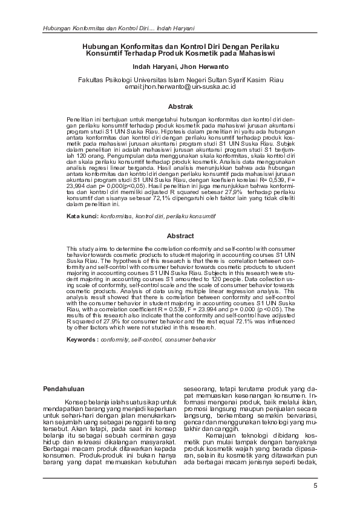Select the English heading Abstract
pyautogui.click(x=180, y=236)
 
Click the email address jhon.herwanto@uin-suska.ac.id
pyautogui.click(x=180, y=87)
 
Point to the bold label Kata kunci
pyautogui.click(x=81, y=216)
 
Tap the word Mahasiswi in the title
pyautogui.click(x=255, y=53)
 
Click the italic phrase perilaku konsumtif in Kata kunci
pyautogui.click(x=190, y=216)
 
